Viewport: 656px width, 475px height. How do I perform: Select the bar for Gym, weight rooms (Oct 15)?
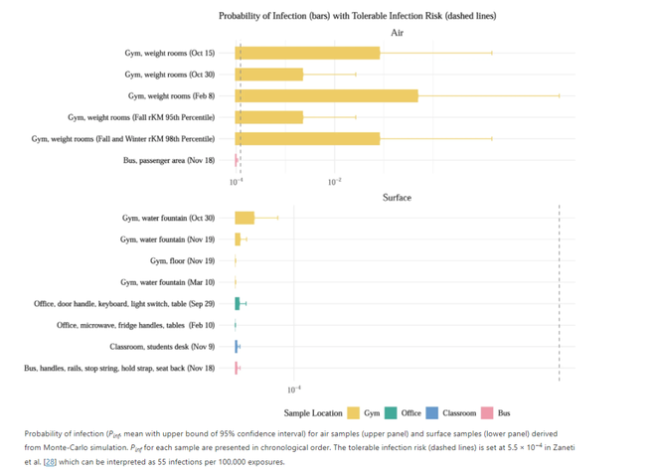coord(307,53)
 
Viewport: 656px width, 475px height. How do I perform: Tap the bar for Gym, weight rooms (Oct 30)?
coord(268,75)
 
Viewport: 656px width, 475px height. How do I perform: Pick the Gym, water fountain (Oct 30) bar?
coord(245,218)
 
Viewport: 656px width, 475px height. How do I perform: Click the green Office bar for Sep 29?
coord(238,303)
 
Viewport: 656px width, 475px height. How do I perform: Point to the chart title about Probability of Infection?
coord(357,16)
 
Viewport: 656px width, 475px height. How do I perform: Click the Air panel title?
coord(397,33)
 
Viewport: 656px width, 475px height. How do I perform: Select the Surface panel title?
coord(397,198)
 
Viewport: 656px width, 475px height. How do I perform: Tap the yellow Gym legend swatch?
coord(353,412)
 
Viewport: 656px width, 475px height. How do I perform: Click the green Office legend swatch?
coord(392,412)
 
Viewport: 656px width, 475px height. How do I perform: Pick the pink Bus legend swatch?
coord(487,412)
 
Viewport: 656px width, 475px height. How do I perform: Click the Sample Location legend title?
coord(312,412)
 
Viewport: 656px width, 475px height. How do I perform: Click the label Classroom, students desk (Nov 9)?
coord(162,347)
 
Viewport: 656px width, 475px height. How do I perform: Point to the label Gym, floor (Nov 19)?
coord(182,260)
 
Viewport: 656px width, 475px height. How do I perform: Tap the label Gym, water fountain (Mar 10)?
coord(167,282)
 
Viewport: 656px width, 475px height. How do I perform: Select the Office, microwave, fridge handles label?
coord(135,325)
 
